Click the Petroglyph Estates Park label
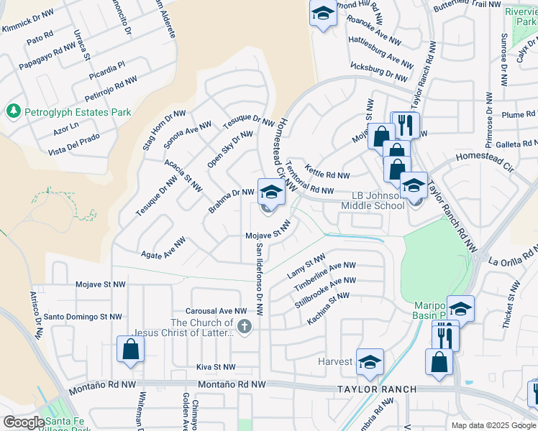click(78, 112)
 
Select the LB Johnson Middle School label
click(373, 200)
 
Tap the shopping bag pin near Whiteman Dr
click(131, 351)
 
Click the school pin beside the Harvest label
click(370, 363)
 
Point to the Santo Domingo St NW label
click(83, 316)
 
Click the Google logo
click(23, 422)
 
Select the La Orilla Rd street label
click(512, 256)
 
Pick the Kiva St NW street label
click(216, 366)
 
